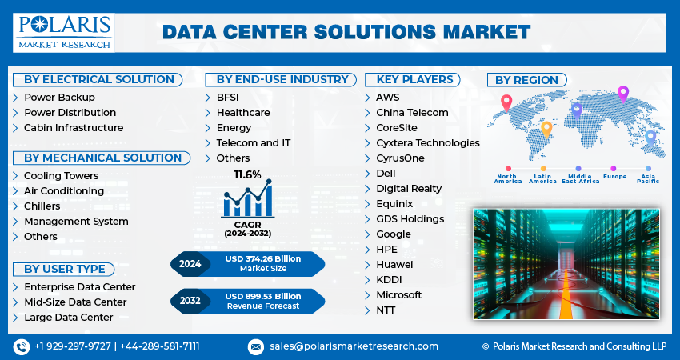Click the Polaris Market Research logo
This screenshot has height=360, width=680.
62,31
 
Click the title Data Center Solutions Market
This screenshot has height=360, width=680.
346,32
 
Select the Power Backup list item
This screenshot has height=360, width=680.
59,98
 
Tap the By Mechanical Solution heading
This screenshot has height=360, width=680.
102,158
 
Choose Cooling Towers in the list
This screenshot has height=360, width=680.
61,176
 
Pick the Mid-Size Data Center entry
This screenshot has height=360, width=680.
75,302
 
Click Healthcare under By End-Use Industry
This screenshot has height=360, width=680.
242,113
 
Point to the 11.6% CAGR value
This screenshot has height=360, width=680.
247,174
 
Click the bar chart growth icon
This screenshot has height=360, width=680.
248,199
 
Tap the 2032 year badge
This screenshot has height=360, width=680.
190,302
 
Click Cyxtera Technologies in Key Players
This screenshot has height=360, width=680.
427,143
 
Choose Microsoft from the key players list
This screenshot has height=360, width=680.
398,295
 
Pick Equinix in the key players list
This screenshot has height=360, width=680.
395,204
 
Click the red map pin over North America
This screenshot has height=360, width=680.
506,102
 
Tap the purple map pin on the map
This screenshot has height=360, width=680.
623,93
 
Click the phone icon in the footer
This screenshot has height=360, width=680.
22,346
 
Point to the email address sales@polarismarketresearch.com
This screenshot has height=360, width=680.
354,346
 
